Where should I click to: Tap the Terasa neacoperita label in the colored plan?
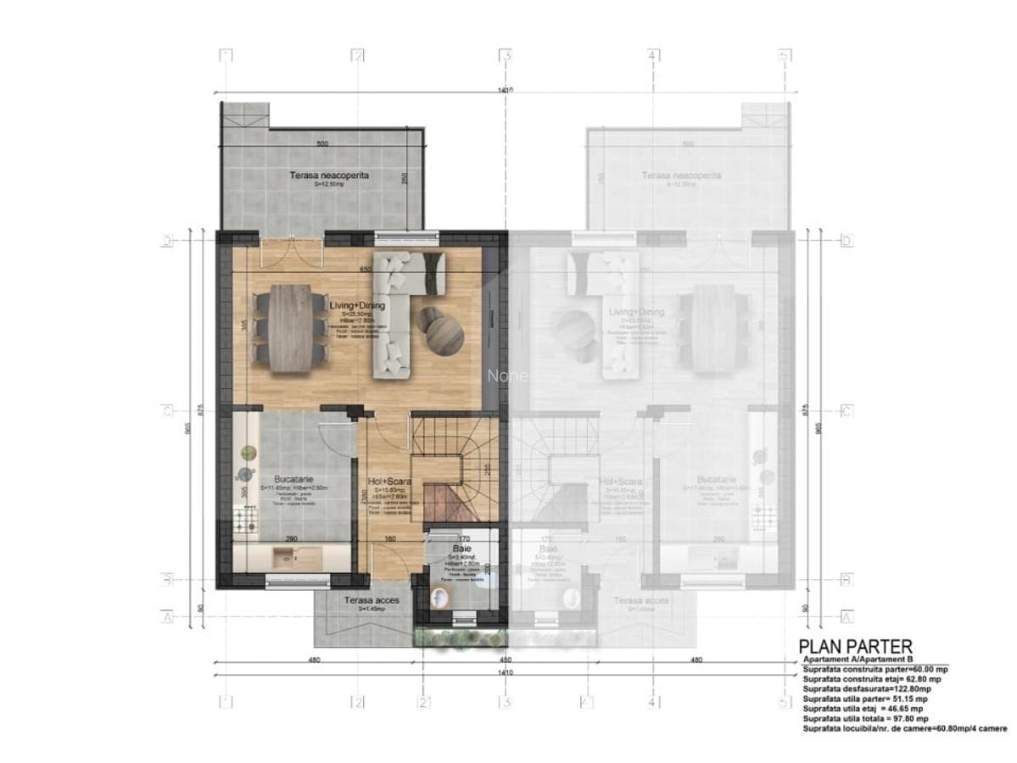tap(321, 175)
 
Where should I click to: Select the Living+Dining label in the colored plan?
tap(358, 305)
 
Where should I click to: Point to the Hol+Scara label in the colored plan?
tap(390, 482)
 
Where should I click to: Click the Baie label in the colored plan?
tap(464, 549)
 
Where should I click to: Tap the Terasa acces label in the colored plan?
tap(372, 600)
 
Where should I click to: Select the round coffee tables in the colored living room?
tap(441, 329)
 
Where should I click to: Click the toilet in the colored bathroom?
tap(441, 599)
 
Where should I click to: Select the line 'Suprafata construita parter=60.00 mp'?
tap(874, 670)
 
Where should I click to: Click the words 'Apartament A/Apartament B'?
tap(857, 659)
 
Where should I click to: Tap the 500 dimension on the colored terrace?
tap(321, 144)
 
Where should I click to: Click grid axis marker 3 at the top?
tap(506, 56)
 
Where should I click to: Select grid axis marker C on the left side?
tap(168, 411)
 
